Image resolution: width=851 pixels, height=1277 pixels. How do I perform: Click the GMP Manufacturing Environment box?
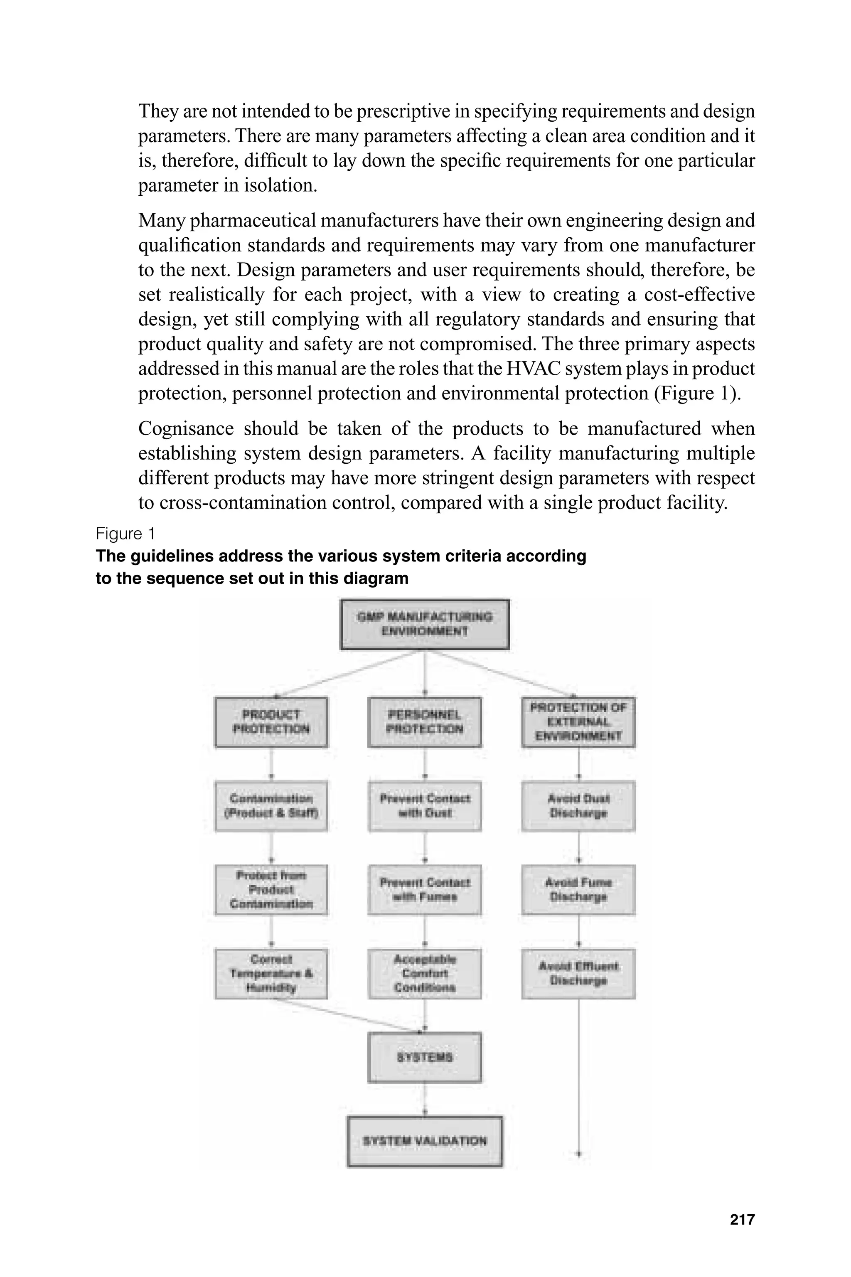click(x=424, y=624)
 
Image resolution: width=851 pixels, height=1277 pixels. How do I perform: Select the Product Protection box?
click(x=271, y=722)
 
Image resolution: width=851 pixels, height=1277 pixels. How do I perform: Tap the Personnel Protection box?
click(x=424, y=722)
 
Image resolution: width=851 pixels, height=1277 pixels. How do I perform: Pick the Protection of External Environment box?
click(x=578, y=722)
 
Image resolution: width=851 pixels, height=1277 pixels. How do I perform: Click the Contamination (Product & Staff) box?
click(x=271, y=806)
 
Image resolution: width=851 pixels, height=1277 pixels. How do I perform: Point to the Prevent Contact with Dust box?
click(x=424, y=806)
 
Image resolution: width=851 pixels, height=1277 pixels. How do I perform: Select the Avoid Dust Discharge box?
click(x=578, y=806)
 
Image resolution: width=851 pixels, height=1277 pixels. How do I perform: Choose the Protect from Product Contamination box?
click(x=271, y=890)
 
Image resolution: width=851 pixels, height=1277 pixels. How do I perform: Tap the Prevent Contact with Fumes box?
click(x=424, y=890)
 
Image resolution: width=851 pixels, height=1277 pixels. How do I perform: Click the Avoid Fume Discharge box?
click(x=578, y=890)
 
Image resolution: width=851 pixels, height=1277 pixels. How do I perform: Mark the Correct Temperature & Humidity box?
click(x=271, y=974)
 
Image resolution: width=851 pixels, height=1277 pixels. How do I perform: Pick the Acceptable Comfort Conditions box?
click(x=424, y=974)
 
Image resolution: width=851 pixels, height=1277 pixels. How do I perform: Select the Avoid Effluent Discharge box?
click(x=578, y=974)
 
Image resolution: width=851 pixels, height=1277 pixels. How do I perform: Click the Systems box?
click(x=424, y=1057)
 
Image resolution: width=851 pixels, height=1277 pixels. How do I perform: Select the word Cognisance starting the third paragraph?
click(x=186, y=429)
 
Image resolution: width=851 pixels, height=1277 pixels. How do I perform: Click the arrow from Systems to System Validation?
click(x=424, y=1099)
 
